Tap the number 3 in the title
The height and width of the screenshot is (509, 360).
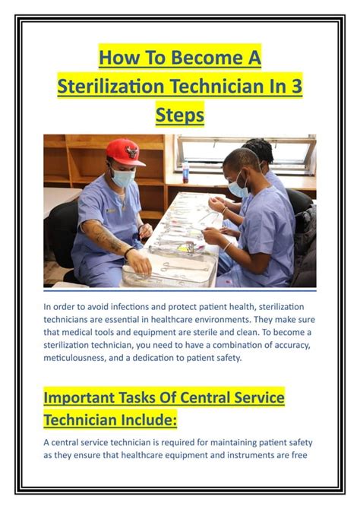tap(295, 86)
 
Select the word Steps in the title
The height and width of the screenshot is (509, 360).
tap(180, 115)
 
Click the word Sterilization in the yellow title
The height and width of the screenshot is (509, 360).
tap(110, 86)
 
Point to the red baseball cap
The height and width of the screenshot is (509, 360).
tap(125, 152)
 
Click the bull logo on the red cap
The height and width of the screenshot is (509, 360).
tap(132, 152)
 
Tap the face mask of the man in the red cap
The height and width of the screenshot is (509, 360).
tap(123, 178)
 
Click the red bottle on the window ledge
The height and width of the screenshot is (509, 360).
tap(185, 172)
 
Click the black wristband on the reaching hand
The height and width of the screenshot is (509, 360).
tap(128, 252)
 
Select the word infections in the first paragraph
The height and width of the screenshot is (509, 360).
tap(131, 307)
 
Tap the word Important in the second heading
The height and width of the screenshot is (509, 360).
tap(79, 398)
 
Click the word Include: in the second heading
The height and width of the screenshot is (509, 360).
tap(149, 420)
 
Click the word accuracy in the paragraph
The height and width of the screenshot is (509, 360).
tap(292, 346)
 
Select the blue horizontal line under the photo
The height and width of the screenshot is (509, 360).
tap(180, 291)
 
